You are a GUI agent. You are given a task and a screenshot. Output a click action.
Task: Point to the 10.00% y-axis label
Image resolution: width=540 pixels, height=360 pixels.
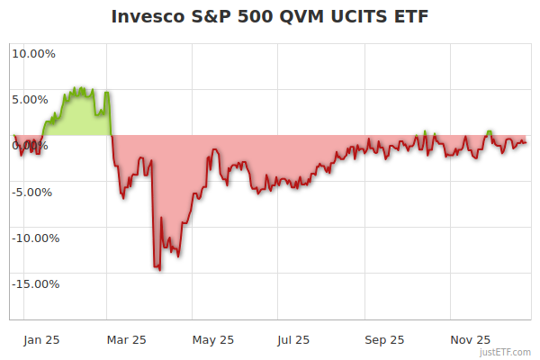(x=33, y=53)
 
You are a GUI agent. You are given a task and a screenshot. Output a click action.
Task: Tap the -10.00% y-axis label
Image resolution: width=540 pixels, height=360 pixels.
(x=33, y=238)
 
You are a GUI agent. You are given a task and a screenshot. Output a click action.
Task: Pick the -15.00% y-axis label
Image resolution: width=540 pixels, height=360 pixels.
(x=33, y=284)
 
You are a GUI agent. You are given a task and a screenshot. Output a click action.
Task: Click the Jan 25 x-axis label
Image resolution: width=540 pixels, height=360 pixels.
(x=41, y=340)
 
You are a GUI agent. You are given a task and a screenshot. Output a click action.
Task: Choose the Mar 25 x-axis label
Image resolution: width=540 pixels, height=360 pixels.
(x=126, y=340)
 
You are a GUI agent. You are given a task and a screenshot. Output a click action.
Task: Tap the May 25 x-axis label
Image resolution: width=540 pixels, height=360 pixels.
(x=213, y=340)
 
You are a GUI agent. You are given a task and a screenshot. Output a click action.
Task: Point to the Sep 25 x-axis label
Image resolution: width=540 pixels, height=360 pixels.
(x=384, y=340)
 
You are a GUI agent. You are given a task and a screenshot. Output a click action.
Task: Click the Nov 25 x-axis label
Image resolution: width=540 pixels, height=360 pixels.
(x=471, y=340)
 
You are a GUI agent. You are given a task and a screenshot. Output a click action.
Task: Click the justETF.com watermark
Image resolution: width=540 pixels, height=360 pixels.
(x=506, y=353)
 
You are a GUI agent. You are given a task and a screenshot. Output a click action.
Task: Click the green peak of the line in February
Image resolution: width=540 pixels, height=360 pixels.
(x=78, y=88)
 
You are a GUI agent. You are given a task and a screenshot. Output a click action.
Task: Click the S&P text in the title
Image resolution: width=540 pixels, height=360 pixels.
(x=210, y=17)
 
